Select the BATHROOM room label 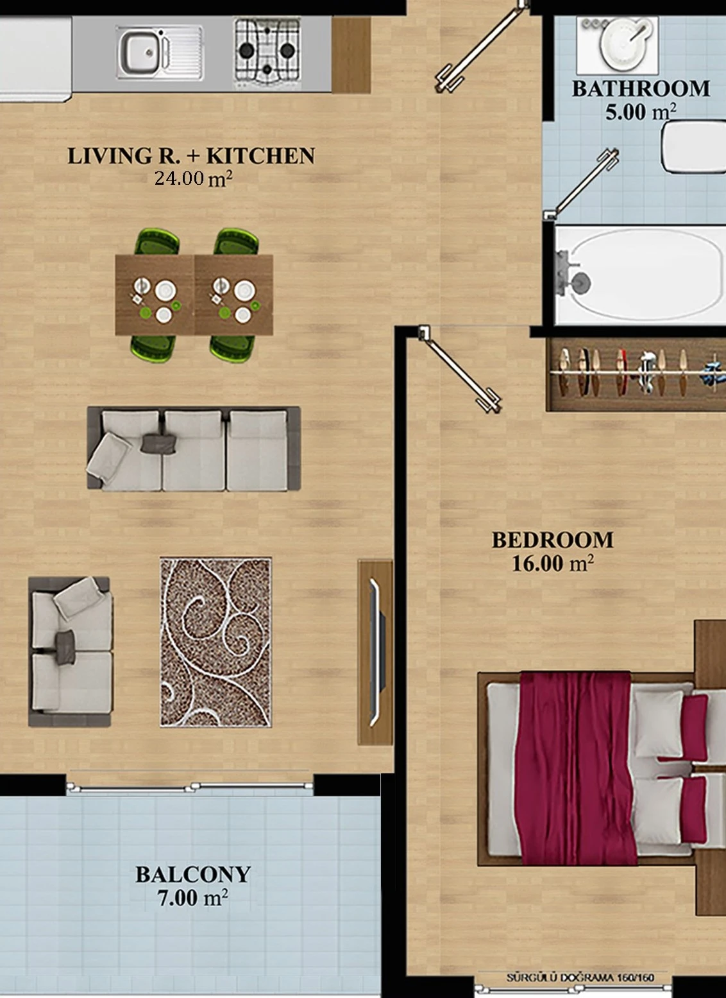click(641, 89)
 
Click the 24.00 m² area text click(193, 178)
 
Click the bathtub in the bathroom click(639, 275)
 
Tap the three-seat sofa click(194, 448)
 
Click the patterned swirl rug click(216, 642)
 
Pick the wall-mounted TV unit click(375, 653)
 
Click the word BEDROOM click(552, 540)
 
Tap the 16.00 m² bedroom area click(552, 564)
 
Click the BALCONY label click(193, 875)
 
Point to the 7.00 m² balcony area click(193, 898)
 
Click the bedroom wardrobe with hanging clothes click(636, 374)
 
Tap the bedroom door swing click(461, 369)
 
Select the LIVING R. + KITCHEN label click(191, 155)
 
